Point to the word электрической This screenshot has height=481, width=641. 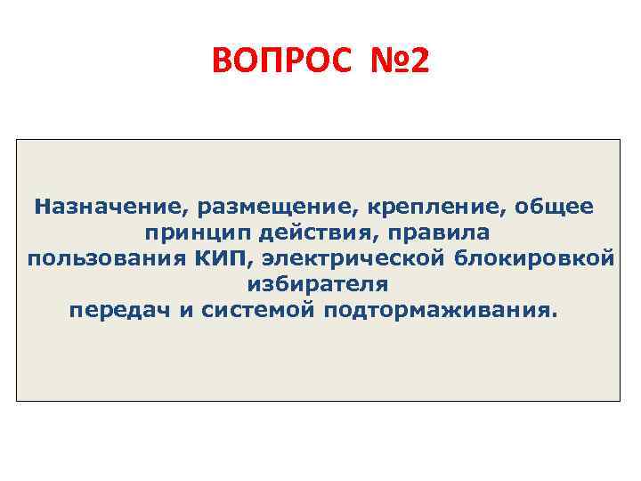click(351, 259)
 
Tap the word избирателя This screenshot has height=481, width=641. click(317, 285)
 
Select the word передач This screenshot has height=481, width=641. click(113, 312)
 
